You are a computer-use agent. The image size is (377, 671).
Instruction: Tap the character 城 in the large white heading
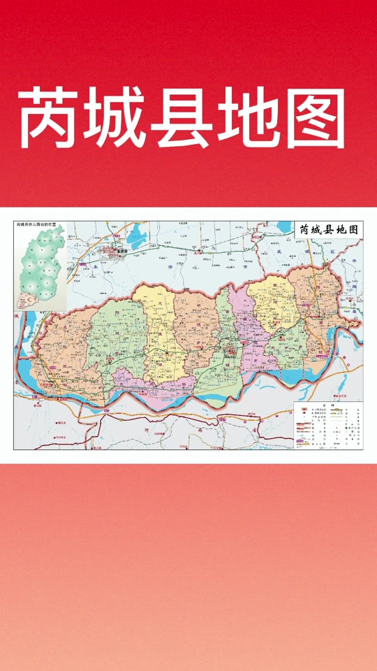tap(116, 119)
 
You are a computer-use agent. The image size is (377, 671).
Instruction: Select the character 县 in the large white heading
tap(182, 119)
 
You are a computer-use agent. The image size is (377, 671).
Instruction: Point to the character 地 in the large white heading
tap(248, 119)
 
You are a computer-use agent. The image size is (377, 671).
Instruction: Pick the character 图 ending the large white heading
tap(313, 119)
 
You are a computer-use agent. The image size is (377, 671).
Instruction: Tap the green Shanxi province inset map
tap(43, 269)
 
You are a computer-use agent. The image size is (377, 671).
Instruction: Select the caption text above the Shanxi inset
tap(40, 226)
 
